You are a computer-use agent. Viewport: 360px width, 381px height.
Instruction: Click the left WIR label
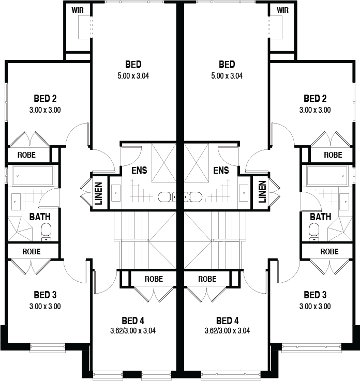[x=78, y=10]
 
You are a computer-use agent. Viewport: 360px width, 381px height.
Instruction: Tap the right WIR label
[x=283, y=10]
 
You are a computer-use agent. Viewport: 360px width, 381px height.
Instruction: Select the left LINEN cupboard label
[x=99, y=193]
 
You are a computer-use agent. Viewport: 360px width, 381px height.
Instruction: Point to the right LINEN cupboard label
[x=262, y=192]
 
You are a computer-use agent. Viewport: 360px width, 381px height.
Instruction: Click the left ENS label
[x=139, y=170]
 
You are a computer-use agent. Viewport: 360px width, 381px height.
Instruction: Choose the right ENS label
[x=221, y=170]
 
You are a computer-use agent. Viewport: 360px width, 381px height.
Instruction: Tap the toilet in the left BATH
[x=46, y=233]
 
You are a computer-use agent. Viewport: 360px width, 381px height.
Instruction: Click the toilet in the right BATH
[x=314, y=233]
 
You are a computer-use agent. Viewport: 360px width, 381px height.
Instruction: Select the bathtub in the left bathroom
[x=33, y=176]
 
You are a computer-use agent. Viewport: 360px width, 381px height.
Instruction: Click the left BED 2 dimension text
[x=45, y=110]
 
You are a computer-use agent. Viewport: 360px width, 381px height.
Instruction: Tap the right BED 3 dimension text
[x=315, y=307]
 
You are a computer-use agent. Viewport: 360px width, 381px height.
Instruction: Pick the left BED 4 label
[x=133, y=321]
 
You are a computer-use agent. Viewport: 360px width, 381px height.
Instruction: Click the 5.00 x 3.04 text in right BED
[x=227, y=76]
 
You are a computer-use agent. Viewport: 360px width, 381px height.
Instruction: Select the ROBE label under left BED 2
[x=26, y=155]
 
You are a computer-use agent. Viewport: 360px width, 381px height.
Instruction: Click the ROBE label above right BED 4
[x=207, y=279]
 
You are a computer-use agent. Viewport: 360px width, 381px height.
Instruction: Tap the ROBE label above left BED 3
[x=32, y=251]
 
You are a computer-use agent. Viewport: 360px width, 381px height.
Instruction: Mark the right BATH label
[x=320, y=217]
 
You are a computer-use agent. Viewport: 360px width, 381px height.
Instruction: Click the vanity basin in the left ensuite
[x=116, y=193]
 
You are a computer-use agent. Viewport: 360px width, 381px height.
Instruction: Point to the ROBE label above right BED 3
[x=329, y=251]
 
